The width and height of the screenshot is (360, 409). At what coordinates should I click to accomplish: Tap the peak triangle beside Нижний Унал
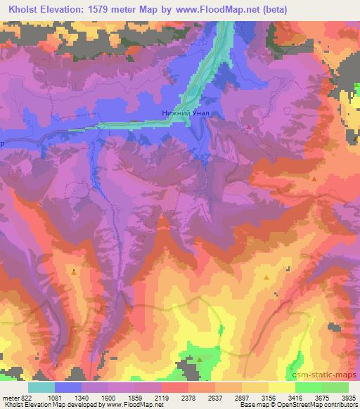coord(250,126)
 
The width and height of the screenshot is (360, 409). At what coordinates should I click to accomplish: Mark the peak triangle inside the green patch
coord(200,359)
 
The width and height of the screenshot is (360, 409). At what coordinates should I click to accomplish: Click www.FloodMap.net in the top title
coord(213,8)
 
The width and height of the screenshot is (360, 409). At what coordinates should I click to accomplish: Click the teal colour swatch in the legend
coord(41,387)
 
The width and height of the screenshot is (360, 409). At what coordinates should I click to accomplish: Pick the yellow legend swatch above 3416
coord(282,387)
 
